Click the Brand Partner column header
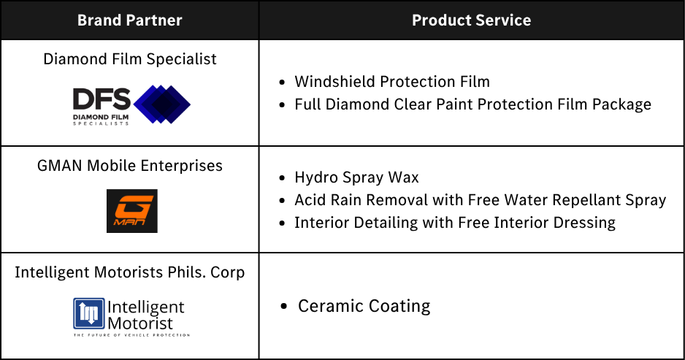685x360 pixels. pos(130,20)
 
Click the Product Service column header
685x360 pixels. pos(471,20)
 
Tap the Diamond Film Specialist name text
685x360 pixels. pos(130,59)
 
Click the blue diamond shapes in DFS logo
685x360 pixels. pos(162,104)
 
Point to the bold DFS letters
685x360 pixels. pos(102,99)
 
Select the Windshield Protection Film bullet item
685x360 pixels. pos(392,82)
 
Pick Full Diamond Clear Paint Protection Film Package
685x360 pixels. pos(472,104)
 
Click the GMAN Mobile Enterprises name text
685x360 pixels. pos(130,166)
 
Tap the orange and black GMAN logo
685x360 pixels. pos(132,211)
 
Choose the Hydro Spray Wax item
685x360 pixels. pos(356,177)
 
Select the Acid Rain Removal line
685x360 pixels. pos(480,200)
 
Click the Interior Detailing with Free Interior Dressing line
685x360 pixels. pos(455,223)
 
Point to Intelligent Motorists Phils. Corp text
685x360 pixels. pos(130,272)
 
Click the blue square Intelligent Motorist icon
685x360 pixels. pos(89,313)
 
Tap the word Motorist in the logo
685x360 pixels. pos(140,323)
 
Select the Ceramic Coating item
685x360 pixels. pos(364,306)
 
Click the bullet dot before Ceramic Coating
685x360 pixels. pos(284,306)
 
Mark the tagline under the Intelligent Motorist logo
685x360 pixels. pos(131,335)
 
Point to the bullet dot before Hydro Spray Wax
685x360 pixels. pos(282,178)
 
